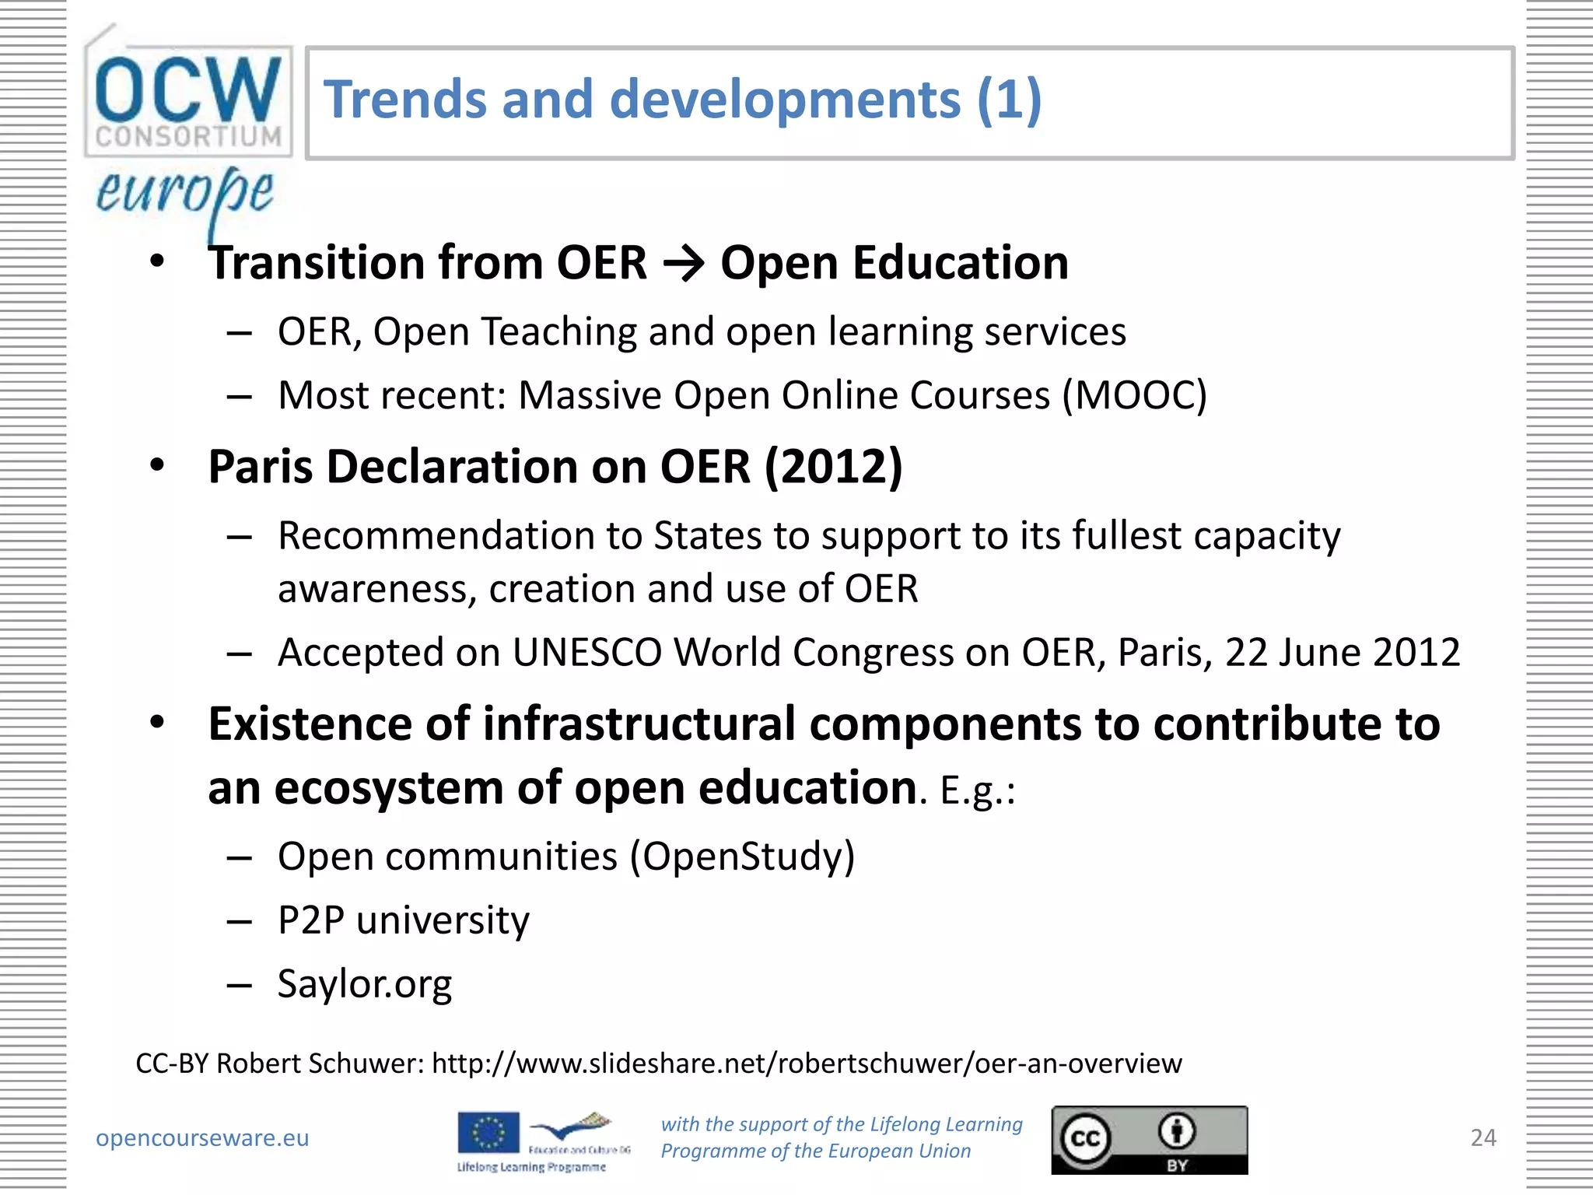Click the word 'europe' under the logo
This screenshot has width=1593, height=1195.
185,194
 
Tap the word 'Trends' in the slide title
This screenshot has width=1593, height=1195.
405,100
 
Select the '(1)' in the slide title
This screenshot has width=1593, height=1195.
1009,100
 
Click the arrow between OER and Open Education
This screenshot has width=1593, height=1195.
684,264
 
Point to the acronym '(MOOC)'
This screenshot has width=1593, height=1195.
1135,395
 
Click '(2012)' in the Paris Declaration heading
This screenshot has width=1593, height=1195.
833,467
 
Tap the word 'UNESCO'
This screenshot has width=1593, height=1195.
586,652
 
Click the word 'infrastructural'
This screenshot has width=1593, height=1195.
639,724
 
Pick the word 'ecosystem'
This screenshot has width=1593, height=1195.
389,788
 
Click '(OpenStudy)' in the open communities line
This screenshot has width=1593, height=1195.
742,857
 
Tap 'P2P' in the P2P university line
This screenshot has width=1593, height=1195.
311,920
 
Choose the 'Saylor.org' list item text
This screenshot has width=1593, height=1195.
365,984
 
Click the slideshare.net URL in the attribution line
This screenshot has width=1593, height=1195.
807,1063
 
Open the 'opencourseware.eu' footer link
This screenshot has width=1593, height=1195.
202,1137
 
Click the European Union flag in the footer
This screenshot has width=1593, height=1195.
488,1132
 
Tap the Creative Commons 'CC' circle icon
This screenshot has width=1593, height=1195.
1085,1139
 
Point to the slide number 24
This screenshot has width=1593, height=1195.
1483,1137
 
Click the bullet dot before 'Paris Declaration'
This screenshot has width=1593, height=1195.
158,465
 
